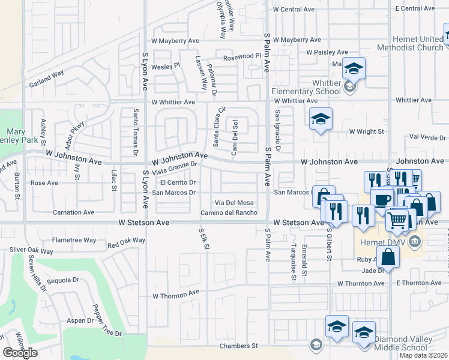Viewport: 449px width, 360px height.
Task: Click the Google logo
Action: pyautogui.click(x=20, y=353)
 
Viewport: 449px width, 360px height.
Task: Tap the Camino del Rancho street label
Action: pyautogui.click(x=229, y=212)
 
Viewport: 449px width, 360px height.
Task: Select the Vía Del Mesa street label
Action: pyautogui.click(x=235, y=202)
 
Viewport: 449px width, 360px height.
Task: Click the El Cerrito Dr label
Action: pyautogui.click(x=178, y=182)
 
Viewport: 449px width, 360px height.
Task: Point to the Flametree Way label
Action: pyautogui.click(x=74, y=240)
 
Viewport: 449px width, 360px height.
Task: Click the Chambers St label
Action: pyautogui.click(x=238, y=346)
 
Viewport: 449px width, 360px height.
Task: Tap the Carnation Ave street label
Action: pyautogui.click(x=73, y=212)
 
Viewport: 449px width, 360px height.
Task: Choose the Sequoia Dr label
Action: pyautogui.click(x=62, y=280)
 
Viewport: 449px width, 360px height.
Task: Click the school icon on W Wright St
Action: pyautogui.click(x=321, y=118)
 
